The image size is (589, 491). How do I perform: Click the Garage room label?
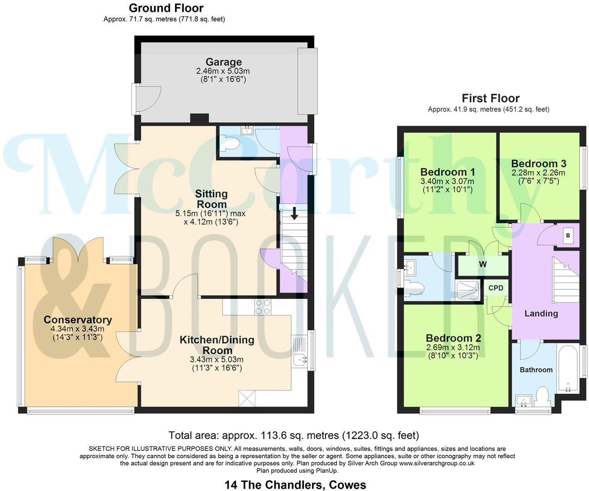[223, 62]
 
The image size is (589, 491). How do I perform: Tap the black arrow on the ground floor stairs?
[294, 213]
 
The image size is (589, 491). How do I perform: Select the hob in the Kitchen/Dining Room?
[263, 307]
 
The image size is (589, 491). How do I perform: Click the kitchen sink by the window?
[299, 360]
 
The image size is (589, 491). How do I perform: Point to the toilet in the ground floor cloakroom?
[230, 144]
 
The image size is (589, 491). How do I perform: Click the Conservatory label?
[77, 320]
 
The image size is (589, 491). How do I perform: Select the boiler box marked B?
[568, 236]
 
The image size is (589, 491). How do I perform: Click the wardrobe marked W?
[483, 265]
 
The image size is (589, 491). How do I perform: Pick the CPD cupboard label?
[496, 288]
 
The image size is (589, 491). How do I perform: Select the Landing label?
[541, 313]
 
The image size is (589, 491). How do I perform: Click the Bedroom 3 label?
[539, 164]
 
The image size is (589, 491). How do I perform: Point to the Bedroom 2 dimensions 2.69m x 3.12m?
[453, 348]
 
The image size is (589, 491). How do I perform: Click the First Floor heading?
[490, 98]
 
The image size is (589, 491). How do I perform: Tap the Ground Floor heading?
[166, 8]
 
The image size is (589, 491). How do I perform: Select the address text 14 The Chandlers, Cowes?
[295, 485]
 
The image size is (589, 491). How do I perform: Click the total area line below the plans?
[294, 436]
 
